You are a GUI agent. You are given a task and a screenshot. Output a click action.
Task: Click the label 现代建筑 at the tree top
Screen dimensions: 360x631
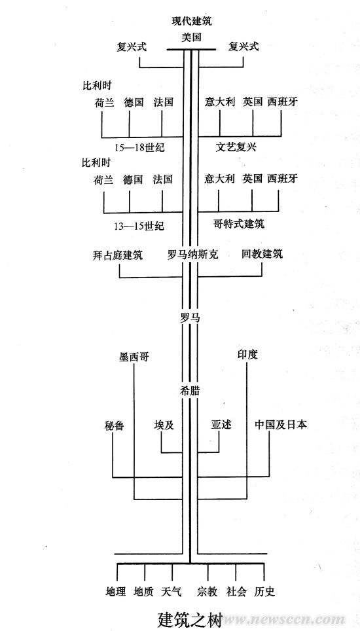click(191, 21)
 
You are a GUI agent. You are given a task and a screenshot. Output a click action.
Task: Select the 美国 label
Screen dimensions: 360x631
click(191, 37)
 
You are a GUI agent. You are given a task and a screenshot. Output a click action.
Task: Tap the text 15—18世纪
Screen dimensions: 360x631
click(139, 147)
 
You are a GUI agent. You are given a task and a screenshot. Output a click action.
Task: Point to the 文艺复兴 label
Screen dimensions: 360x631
click(236, 147)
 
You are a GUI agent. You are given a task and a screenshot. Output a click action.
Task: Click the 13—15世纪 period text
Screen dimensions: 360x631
click(139, 226)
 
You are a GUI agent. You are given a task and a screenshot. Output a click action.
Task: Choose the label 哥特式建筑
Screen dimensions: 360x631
click(239, 224)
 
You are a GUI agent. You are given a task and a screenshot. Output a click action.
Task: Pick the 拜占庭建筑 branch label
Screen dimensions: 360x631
click(117, 255)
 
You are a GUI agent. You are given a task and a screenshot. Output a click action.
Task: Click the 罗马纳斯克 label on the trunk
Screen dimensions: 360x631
click(192, 255)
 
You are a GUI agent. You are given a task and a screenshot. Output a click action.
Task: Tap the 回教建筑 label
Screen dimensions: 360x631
click(262, 254)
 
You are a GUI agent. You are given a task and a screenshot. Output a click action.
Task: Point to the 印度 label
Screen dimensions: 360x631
click(247, 355)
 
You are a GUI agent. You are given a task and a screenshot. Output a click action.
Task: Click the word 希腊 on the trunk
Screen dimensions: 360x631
click(190, 391)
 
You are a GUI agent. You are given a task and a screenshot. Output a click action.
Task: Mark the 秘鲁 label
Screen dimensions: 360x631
click(113, 425)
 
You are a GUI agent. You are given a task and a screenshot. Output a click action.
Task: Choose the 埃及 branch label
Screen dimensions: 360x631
click(164, 425)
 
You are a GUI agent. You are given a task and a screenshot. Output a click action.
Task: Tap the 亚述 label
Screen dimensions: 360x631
click(222, 425)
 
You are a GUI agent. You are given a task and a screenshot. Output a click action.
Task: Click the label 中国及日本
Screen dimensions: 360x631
click(280, 425)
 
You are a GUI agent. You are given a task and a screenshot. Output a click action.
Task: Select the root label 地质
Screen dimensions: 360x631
click(143, 591)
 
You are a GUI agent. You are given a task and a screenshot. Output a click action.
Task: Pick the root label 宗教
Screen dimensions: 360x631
click(207, 591)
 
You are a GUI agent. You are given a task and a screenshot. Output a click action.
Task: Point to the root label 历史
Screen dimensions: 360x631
click(264, 591)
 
